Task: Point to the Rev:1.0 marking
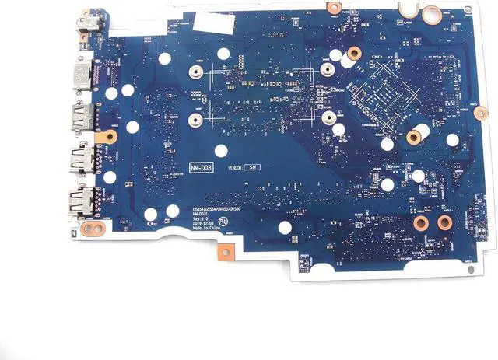point(202,219)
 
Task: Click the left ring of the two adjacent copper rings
point(419,224)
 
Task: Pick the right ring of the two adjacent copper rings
point(444,224)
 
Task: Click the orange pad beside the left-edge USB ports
point(109,136)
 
